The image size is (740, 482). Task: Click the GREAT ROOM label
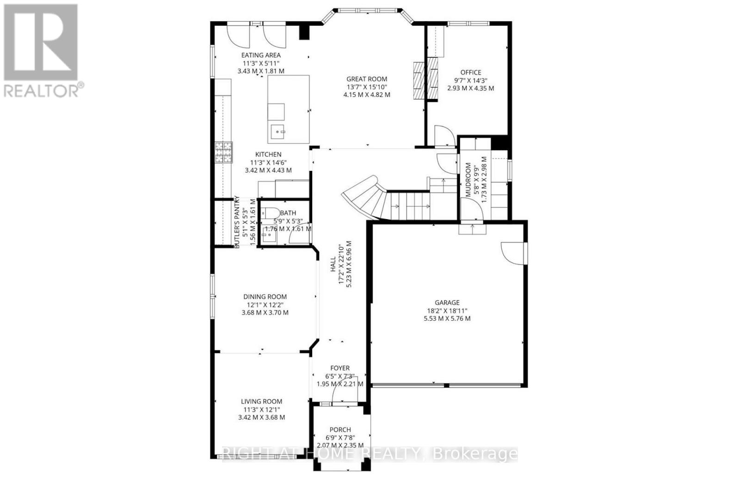pos(367,79)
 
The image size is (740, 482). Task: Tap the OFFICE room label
pos(470,72)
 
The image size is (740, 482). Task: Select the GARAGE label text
pos(447,303)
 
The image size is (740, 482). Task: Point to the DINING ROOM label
pos(265,297)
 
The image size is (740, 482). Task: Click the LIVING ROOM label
pos(261,402)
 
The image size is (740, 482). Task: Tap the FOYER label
pos(339,368)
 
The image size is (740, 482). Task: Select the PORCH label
pos(340,429)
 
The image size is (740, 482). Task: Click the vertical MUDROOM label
pos(469,179)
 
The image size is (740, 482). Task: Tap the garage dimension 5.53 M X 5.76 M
pos(447,318)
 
